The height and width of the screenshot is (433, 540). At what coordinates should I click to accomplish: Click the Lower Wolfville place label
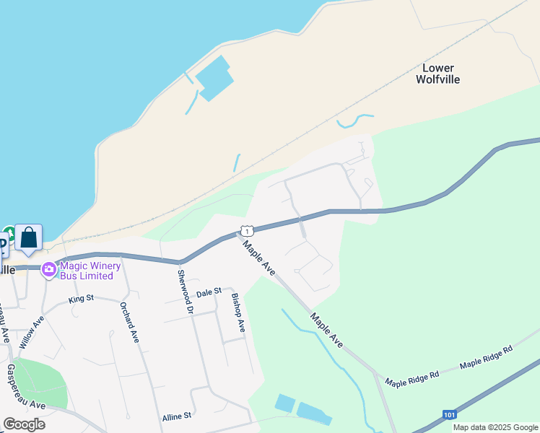437,74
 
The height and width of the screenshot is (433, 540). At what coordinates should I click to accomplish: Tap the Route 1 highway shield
247,231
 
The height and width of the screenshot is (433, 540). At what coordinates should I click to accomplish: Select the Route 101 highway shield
449,415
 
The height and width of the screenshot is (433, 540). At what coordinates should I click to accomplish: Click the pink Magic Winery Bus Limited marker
49,269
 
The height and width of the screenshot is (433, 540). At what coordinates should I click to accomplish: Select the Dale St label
208,294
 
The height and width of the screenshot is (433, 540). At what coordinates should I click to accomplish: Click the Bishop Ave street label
238,312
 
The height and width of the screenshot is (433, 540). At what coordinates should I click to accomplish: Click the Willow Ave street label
32,332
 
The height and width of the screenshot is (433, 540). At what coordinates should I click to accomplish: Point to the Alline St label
176,416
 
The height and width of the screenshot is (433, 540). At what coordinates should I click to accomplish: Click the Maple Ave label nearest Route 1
259,258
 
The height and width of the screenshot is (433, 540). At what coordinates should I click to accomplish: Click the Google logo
24,424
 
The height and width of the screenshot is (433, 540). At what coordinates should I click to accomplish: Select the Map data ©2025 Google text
496,427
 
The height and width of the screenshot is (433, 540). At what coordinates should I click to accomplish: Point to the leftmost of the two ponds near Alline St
284,403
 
